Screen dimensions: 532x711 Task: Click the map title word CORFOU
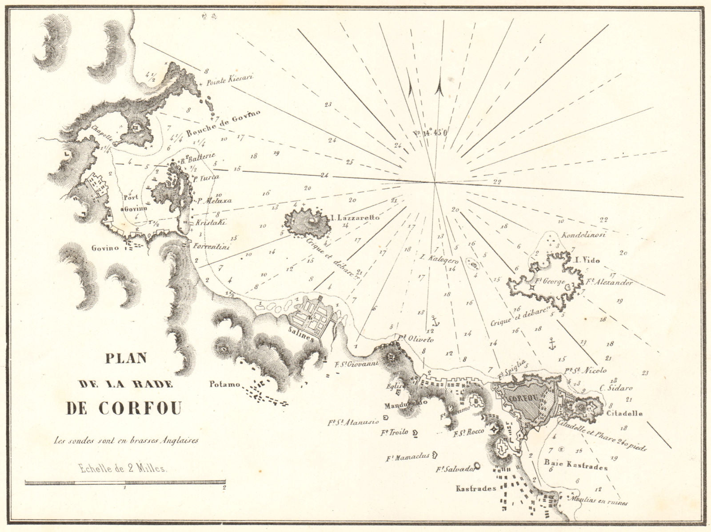pyautogui.click(x=124, y=408)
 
